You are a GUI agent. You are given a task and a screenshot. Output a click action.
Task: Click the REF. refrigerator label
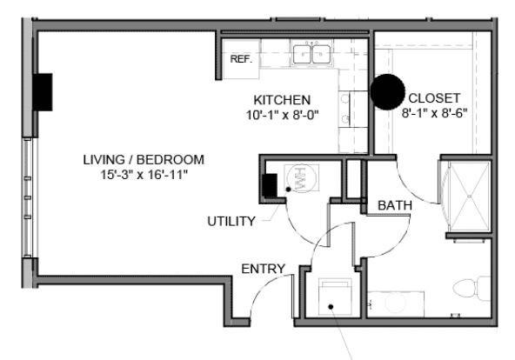tap(241, 59)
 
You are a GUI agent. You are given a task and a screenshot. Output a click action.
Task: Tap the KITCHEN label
tap(282, 100)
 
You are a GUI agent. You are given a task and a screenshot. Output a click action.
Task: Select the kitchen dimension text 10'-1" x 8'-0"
tap(283, 115)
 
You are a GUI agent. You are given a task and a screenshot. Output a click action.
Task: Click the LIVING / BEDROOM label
tap(144, 160)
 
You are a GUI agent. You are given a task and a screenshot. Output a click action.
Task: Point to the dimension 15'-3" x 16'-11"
tap(144, 175)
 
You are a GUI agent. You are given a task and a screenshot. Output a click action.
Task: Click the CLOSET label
tap(434, 98)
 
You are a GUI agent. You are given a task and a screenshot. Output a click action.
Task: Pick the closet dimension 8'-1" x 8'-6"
tap(434, 113)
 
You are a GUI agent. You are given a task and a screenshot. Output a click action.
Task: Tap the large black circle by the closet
tap(388, 92)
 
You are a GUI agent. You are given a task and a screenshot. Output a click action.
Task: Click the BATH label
tap(395, 205)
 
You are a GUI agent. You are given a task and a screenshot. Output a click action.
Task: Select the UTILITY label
tap(231, 221)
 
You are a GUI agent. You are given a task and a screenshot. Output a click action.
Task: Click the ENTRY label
tap(263, 269)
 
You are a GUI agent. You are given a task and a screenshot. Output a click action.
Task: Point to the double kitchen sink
tap(311, 54)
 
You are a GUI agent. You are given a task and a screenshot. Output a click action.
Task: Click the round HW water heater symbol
tap(301, 177)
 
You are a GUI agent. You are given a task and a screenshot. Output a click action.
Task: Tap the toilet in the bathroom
tap(472, 288)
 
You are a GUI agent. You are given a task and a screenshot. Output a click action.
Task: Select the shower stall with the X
tap(470, 197)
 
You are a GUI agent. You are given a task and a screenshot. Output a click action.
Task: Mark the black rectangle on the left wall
tap(43, 92)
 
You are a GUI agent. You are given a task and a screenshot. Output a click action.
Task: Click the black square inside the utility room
tap(270, 185)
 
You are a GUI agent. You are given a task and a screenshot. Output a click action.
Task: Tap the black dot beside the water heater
tap(288, 190)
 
